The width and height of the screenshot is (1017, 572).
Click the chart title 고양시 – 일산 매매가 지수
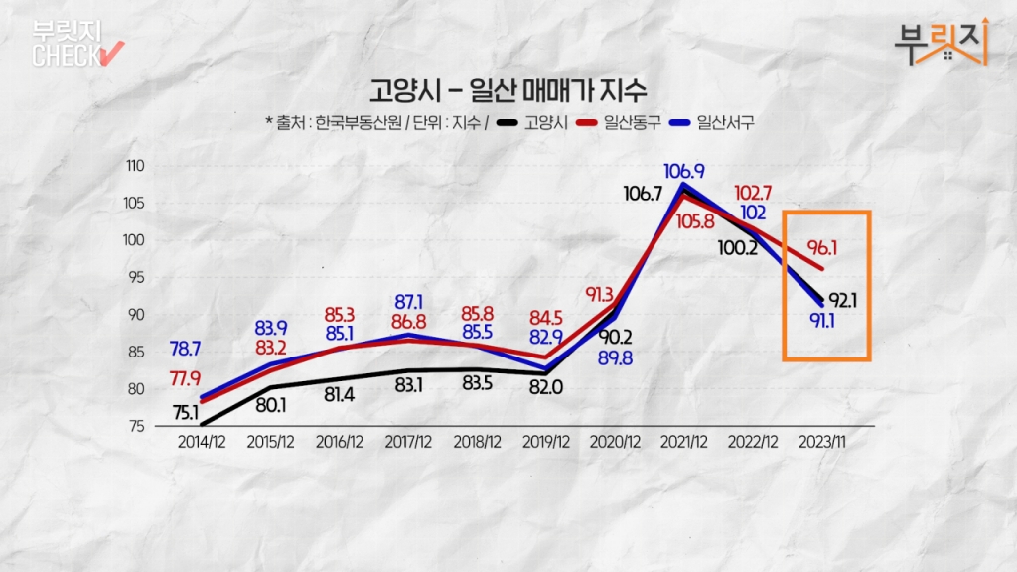coord(508,91)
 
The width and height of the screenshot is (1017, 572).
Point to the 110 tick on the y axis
coord(134,166)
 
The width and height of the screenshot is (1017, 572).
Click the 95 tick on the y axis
coord(136,278)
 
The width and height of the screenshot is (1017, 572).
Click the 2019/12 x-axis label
coord(545,441)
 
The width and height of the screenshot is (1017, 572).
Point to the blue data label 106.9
coord(684,170)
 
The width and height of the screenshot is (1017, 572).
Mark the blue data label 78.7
coord(186,349)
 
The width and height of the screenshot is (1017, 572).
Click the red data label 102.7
coord(754,192)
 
